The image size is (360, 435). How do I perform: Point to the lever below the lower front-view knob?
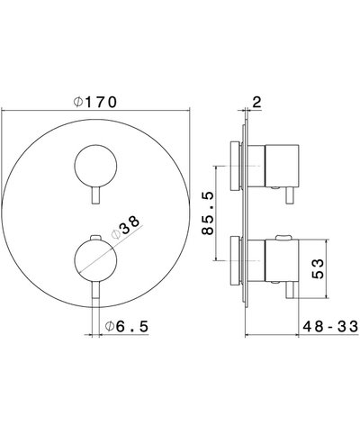click(96, 293)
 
